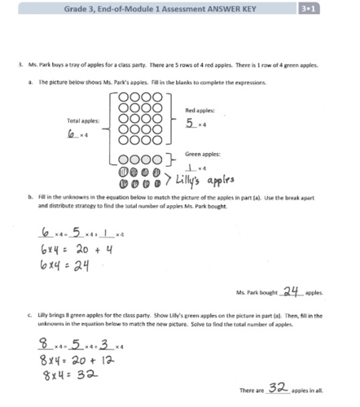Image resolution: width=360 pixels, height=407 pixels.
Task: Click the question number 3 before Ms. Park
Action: coord(19,66)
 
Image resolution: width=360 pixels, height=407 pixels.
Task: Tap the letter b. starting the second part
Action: coord(30,197)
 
